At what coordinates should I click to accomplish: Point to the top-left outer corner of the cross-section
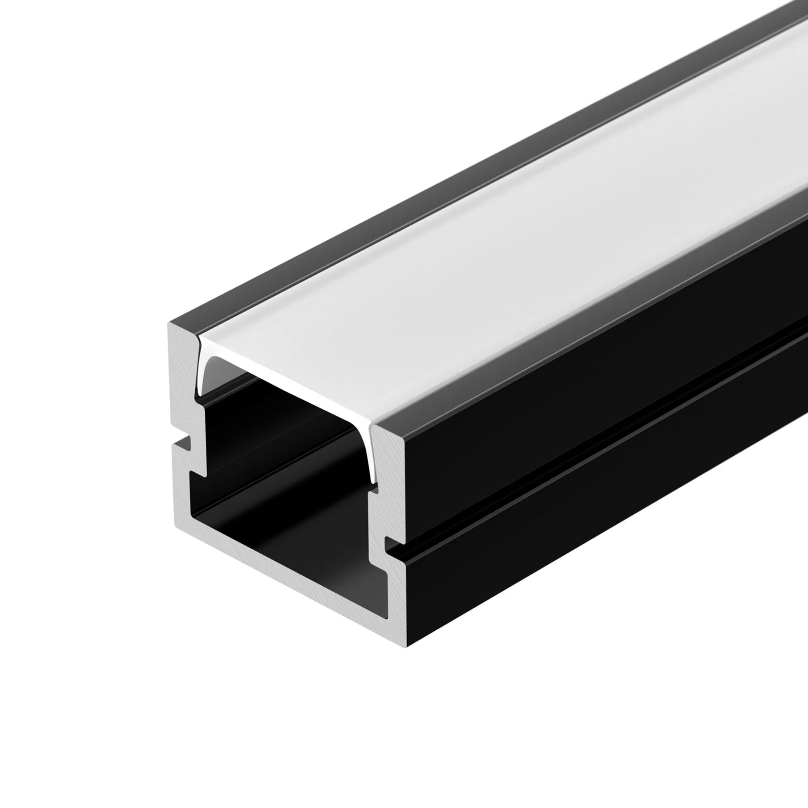170,323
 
